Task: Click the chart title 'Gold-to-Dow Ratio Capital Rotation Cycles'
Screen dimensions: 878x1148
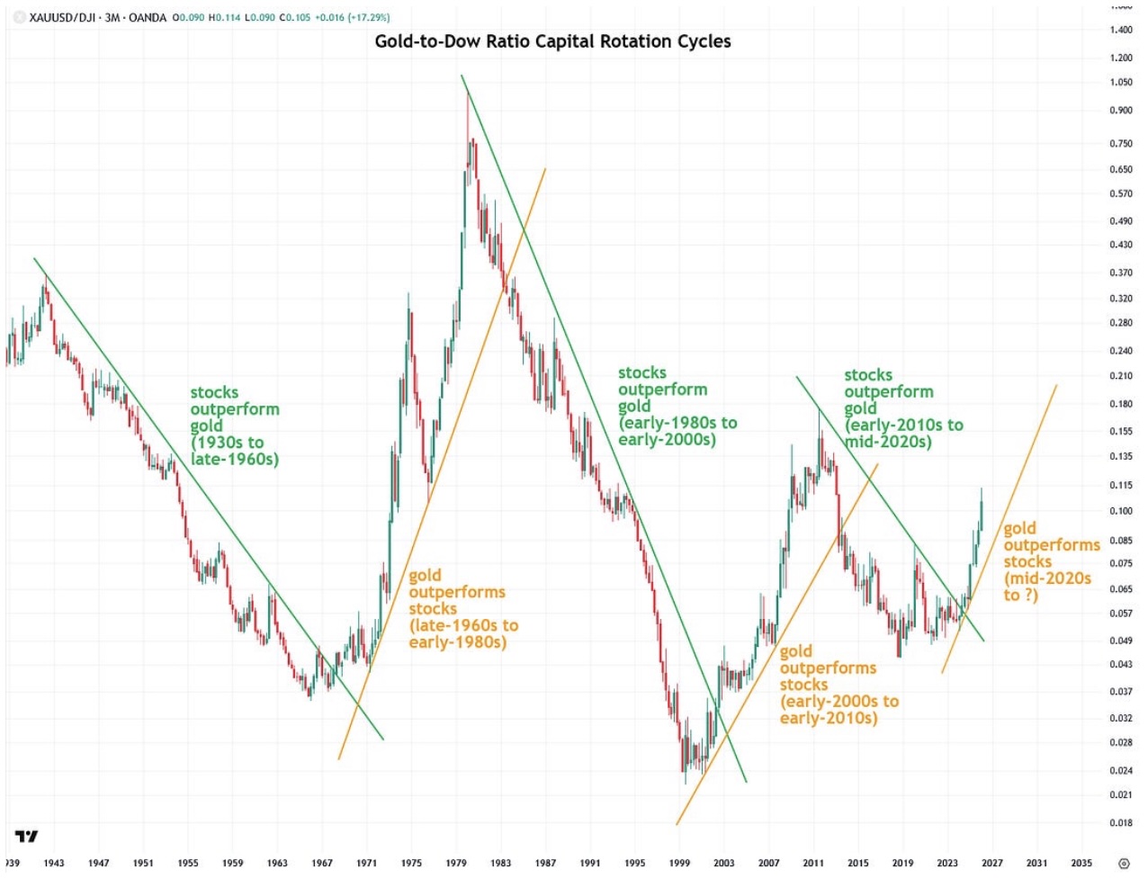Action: pos(552,41)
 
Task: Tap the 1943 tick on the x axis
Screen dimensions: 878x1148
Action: pos(54,863)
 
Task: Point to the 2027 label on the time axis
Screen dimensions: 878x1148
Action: pos(991,863)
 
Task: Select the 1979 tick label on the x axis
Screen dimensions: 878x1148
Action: pos(456,863)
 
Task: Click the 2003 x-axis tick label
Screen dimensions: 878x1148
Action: pos(723,863)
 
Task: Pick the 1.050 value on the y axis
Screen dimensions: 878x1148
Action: pos(1121,83)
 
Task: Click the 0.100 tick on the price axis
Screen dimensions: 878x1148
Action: pos(1121,511)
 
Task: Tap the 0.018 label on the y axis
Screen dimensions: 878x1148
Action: pos(1121,822)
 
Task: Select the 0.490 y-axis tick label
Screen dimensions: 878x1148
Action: pos(1121,221)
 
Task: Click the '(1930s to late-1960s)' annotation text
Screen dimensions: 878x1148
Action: pos(234,451)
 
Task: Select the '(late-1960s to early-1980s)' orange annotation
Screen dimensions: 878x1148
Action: pos(462,633)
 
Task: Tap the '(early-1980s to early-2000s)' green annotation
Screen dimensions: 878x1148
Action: pos(677,431)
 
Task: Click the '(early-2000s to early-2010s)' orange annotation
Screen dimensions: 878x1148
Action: pos(839,709)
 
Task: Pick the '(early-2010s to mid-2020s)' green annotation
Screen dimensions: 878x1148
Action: pos(903,433)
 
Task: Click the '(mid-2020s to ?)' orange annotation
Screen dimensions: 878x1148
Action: pos(1047,586)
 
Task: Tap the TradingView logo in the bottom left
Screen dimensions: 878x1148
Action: pos(27,837)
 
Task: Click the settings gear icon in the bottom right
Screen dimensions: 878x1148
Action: pos(1123,864)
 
